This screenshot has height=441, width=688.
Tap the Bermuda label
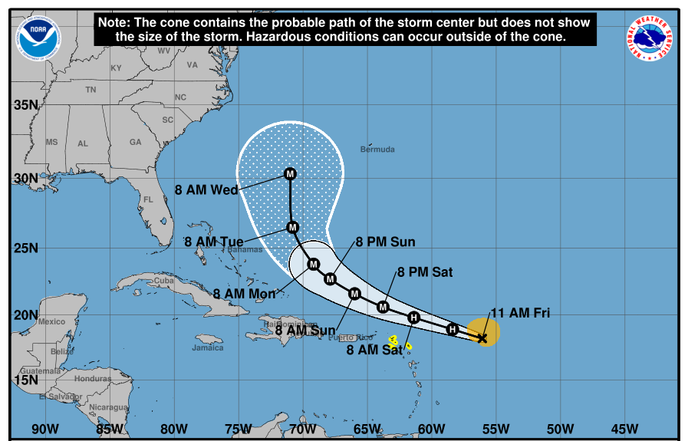tap(377, 149)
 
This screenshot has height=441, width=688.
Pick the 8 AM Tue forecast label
tap(214, 242)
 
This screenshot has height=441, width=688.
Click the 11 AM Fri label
tap(521, 313)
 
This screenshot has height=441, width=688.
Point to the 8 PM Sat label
tap(425, 272)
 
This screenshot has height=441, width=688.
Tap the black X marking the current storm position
tap(482, 337)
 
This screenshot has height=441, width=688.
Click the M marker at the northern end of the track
tap(290, 174)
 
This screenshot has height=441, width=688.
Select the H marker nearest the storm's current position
tap(453, 329)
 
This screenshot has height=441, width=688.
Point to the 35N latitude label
tap(25, 105)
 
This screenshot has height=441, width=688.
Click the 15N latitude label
tap(25, 380)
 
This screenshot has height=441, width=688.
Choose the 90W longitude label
tap(44, 429)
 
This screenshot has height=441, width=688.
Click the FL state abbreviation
tap(150, 201)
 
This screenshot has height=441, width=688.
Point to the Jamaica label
tap(208, 347)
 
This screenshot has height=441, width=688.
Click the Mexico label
tap(52, 321)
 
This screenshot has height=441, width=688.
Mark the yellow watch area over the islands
tap(394, 339)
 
